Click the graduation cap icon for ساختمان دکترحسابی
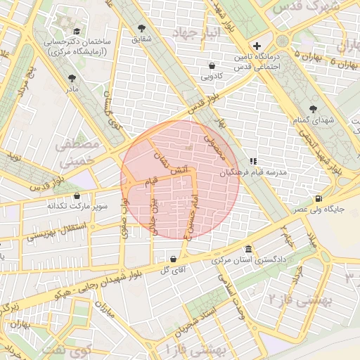tap(76, 32)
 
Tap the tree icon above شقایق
tap(143, 27)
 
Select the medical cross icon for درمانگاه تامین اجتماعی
tap(257, 45)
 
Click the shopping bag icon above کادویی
tap(212, 65)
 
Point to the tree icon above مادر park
tap(72, 79)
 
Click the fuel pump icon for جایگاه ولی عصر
tap(320, 198)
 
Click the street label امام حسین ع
tap(192, 217)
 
